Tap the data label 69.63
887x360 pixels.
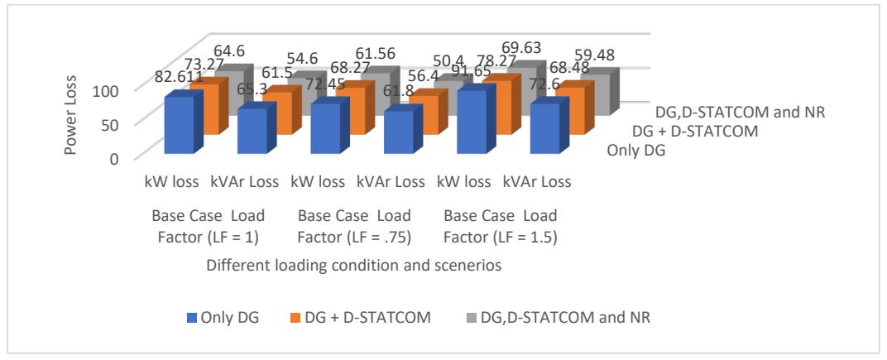pyautogui.click(x=525, y=46)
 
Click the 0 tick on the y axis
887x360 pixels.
pyautogui.click(x=115, y=159)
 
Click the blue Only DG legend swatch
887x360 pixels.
pyautogui.click(x=192, y=318)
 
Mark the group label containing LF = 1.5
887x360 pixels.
pyautogui.click(x=501, y=227)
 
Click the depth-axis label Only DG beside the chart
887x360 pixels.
pyautogui.click(x=635, y=151)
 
